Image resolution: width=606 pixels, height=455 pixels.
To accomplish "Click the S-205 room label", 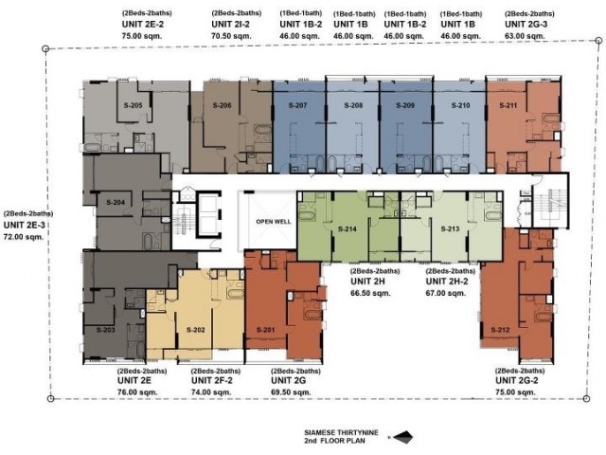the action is [133, 105].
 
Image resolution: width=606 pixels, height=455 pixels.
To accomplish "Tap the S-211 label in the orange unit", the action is [508, 105].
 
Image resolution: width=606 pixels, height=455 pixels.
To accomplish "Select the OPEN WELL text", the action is [274, 222].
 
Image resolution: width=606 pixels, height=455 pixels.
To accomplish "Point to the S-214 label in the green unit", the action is [348, 229].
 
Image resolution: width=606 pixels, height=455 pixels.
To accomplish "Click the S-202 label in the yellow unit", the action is [196, 330].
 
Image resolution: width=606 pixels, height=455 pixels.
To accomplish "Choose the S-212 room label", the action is [501, 330].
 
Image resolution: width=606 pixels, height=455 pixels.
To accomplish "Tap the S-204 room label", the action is [116, 202].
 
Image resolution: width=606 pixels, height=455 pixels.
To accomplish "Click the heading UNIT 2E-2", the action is [143, 25].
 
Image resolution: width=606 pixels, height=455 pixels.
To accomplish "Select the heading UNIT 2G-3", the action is [526, 25].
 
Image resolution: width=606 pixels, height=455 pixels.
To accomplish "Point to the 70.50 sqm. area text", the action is [231, 36].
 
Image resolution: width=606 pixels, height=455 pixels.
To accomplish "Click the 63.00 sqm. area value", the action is [525, 36].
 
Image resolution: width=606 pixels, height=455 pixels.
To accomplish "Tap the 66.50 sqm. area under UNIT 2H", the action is [370, 293].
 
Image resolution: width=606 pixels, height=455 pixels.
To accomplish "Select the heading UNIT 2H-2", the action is [447, 282].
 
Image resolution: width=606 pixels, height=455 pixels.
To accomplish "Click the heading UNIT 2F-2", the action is [212, 381].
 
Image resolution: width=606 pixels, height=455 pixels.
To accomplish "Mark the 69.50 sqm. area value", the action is [291, 391].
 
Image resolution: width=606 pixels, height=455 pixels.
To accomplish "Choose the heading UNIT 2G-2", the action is [517, 381].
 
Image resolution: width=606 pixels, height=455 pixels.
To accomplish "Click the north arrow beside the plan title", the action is [401, 437].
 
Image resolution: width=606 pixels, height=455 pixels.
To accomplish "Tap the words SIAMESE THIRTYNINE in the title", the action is [341, 433].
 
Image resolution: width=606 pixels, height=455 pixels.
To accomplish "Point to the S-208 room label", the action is [353, 105].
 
